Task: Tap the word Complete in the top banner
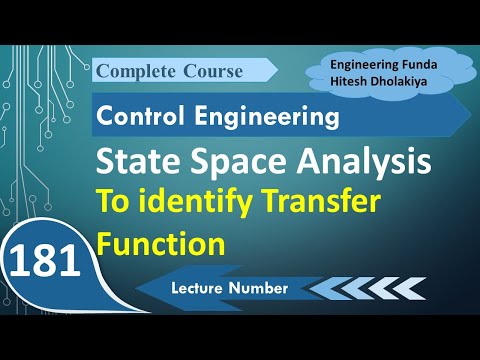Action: [x=136, y=71]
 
